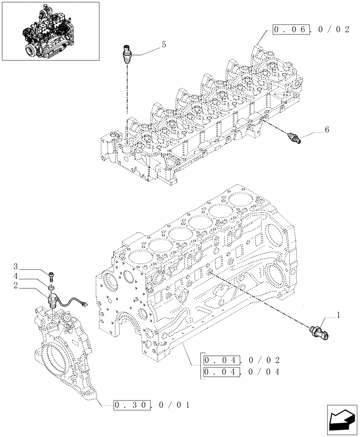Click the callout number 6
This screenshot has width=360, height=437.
pyautogui.click(x=326, y=130)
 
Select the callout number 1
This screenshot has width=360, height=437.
pyautogui.click(x=337, y=314)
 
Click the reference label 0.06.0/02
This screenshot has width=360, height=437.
pyautogui.click(x=311, y=30)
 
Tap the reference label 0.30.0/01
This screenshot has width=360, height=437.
pyautogui.click(x=152, y=405)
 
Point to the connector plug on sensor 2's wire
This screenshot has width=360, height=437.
pyautogui.click(x=84, y=304)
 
